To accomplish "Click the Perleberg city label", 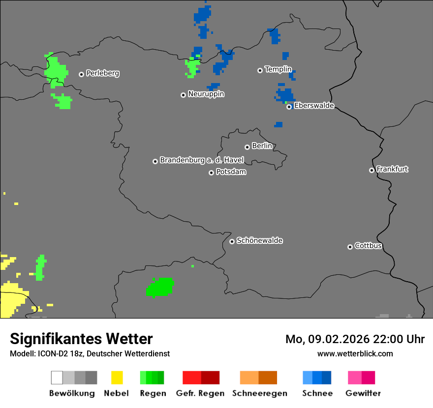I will tap(102, 73).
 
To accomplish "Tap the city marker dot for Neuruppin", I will tap(183, 95).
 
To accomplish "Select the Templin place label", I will tap(278, 69).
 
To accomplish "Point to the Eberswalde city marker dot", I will tap(289, 107).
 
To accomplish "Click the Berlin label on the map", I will tap(262, 146).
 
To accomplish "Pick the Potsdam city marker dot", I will tap(211, 173).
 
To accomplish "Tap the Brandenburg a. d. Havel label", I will tap(202, 160).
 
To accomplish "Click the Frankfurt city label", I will tap(392, 169).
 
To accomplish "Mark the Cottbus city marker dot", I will tap(350, 247).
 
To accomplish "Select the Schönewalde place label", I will tap(259, 240).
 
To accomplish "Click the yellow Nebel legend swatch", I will tap(117, 378).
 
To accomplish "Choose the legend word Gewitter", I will tap(363, 393).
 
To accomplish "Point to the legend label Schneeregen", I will tap(259, 393).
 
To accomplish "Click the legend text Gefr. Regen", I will tap(200, 393).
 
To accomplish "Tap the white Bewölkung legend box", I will tap(57, 378).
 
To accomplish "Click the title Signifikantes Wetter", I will tap(81, 339).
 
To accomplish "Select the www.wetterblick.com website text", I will tap(355, 353).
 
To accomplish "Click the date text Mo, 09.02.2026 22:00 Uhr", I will tap(355, 339).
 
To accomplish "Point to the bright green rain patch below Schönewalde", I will tap(160, 288).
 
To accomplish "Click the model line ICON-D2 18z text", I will tap(90, 353).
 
